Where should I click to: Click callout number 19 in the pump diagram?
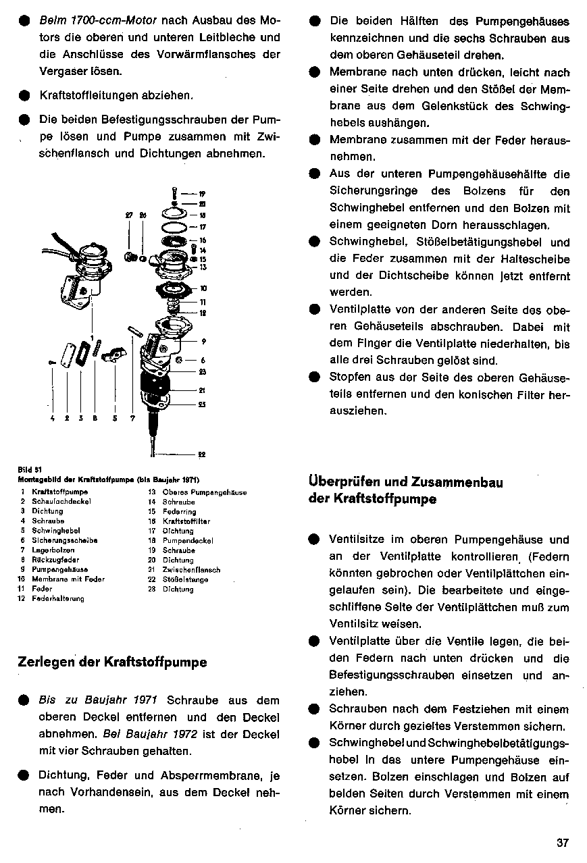point(202,193)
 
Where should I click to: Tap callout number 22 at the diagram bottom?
point(202,454)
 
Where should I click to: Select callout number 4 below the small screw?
point(52,419)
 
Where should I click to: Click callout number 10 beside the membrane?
point(203,289)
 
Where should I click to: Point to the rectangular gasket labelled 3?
point(84,352)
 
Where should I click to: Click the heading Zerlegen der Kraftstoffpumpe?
point(112,662)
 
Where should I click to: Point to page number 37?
point(563,843)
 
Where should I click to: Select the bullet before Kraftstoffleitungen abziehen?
point(24,97)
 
